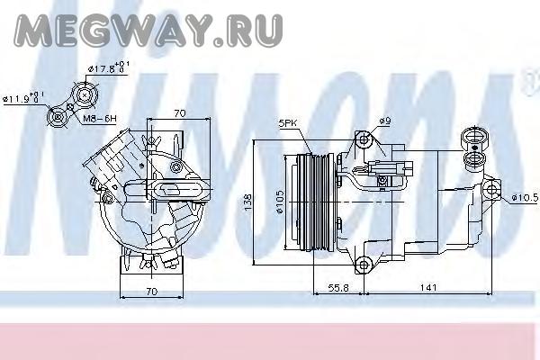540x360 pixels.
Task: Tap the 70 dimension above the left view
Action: pos(179,113)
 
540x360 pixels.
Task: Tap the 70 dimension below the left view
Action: pos(152,292)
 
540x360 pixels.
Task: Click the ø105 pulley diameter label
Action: pos(281,204)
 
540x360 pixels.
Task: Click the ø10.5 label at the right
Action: pos(523,197)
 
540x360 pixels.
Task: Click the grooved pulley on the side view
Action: pos(311,203)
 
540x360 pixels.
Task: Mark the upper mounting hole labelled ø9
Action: pos(364,140)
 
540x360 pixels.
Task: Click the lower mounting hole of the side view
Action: pos(364,264)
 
